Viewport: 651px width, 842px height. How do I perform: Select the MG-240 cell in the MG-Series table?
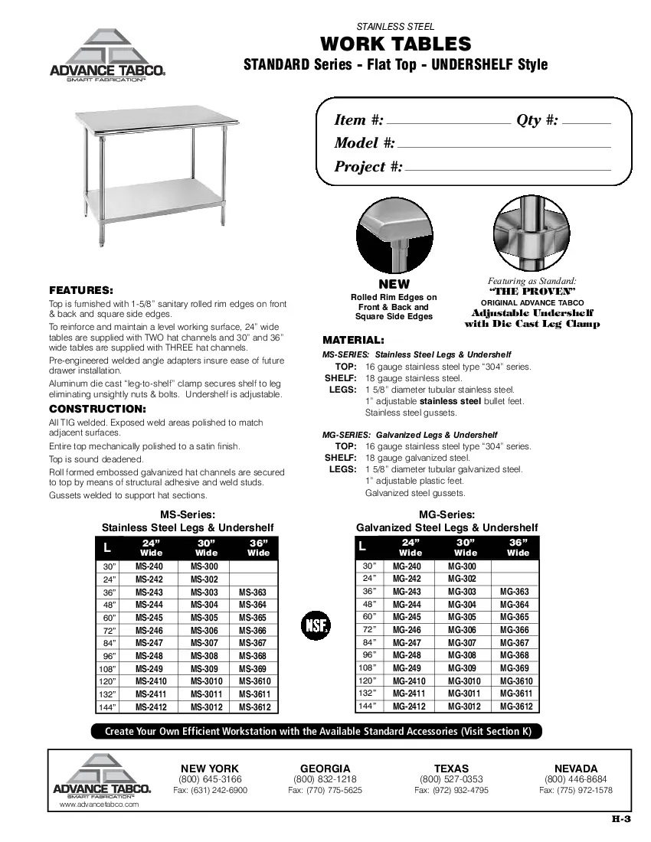(x=407, y=566)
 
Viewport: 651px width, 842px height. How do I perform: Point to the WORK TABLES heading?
(x=395, y=44)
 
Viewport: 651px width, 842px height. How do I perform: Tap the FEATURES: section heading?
(x=81, y=291)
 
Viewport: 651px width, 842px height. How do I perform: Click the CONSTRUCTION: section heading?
(x=97, y=409)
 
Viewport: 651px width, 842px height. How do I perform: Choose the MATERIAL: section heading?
(x=353, y=339)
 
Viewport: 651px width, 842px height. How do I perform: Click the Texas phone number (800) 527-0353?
(x=451, y=779)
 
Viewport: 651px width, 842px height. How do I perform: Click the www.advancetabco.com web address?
(x=99, y=805)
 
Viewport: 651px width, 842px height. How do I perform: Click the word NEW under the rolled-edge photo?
(x=394, y=284)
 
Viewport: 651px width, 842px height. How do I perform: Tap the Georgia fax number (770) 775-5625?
(x=325, y=790)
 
